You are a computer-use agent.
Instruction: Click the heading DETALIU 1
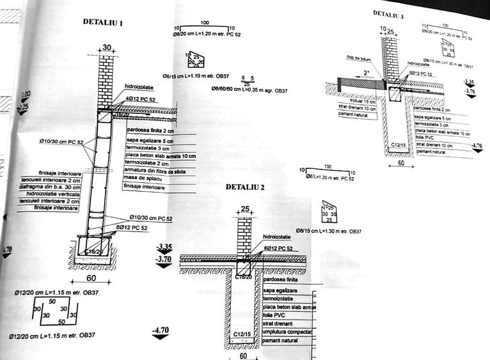[x=103, y=22]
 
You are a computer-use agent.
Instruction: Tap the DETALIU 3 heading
[x=388, y=13]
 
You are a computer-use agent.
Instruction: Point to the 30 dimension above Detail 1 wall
[x=106, y=47]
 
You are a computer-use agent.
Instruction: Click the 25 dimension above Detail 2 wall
[x=245, y=209]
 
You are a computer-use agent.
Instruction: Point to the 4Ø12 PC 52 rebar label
[x=141, y=99]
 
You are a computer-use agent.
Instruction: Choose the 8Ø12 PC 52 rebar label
[x=133, y=228]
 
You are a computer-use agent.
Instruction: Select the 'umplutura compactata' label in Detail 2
[x=287, y=332]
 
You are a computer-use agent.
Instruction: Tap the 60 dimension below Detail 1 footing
[x=91, y=278]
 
